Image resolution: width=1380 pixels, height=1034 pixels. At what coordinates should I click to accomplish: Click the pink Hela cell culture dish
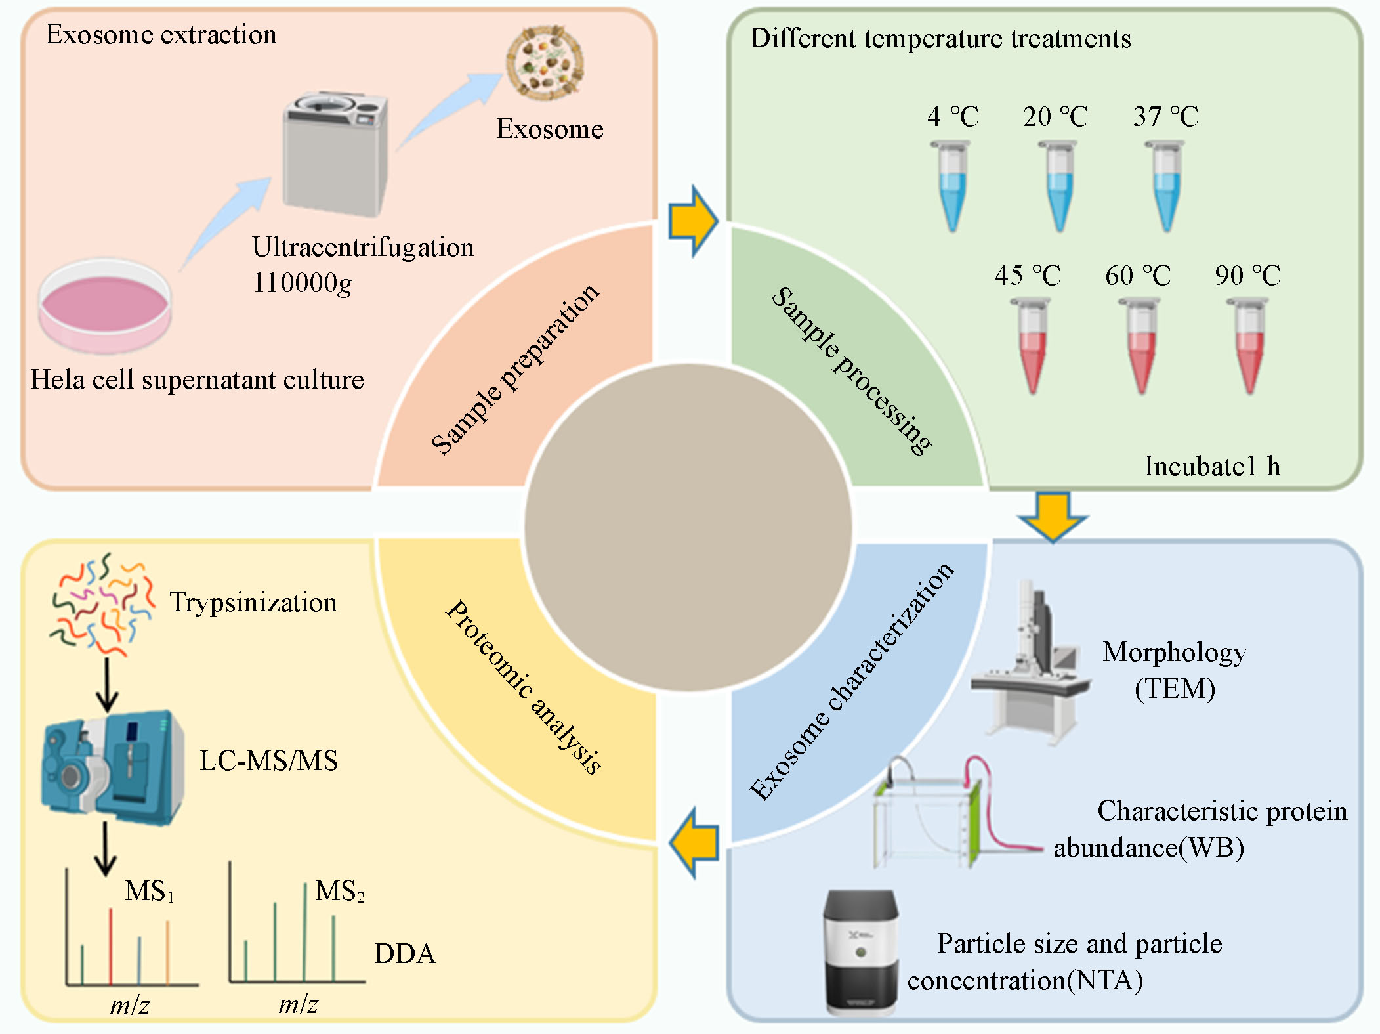point(105,306)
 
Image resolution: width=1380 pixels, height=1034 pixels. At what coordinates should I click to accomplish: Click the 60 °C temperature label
point(1138,276)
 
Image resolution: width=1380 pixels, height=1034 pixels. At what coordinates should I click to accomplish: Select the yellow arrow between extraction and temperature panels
point(693,221)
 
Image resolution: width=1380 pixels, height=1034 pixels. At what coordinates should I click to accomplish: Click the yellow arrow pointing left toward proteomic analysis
point(694,843)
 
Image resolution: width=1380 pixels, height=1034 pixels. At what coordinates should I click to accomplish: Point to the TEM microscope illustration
point(1030,663)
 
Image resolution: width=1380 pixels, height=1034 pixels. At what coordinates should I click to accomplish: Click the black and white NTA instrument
point(860,952)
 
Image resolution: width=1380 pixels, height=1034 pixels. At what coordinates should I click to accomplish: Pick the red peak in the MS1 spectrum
point(110,945)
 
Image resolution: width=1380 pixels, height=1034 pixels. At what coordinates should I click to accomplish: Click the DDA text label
point(405,954)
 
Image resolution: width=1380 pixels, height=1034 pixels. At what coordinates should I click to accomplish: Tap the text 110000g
point(303,283)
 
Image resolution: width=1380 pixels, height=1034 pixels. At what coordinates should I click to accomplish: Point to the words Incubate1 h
point(1212,466)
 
